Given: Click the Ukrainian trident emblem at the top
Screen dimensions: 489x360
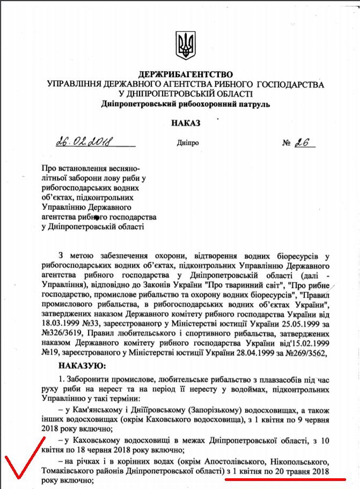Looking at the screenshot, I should [x=186, y=45].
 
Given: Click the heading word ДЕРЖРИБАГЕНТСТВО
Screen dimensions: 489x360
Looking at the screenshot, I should [x=186, y=74].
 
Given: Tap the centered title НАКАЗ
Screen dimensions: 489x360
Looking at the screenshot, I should [x=186, y=123].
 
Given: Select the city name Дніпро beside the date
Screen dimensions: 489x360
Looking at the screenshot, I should [x=187, y=144].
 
